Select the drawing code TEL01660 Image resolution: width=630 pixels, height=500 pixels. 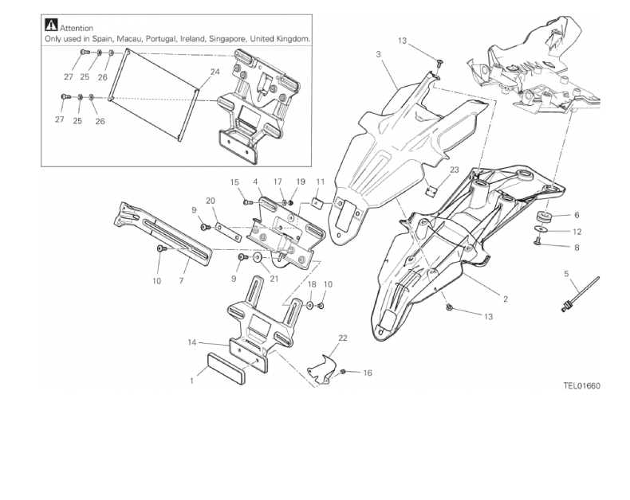[x=581, y=386]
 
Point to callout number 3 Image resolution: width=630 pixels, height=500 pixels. [x=378, y=53]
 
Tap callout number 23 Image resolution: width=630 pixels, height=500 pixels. [x=453, y=170]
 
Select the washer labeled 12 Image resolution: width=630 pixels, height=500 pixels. [x=541, y=232]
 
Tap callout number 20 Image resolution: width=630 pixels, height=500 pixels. [x=211, y=200]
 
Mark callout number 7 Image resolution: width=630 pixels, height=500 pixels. [x=182, y=281]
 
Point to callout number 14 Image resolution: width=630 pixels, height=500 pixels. [x=191, y=342]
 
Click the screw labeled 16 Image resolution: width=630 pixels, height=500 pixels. [x=344, y=372]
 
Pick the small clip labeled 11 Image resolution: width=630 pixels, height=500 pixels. [x=316, y=203]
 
